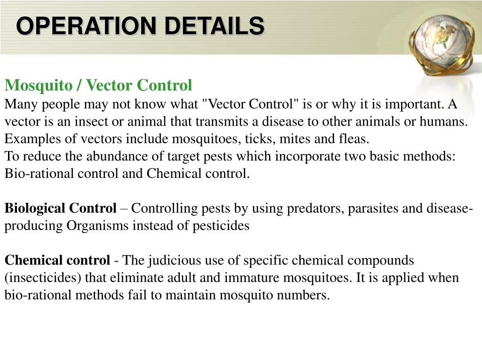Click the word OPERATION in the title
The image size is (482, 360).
(x=86, y=25)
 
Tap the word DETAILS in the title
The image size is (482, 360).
(x=214, y=25)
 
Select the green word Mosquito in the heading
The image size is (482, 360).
(x=39, y=86)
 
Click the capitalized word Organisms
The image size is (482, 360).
(x=97, y=226)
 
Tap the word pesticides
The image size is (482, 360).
(x=221, y=226)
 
